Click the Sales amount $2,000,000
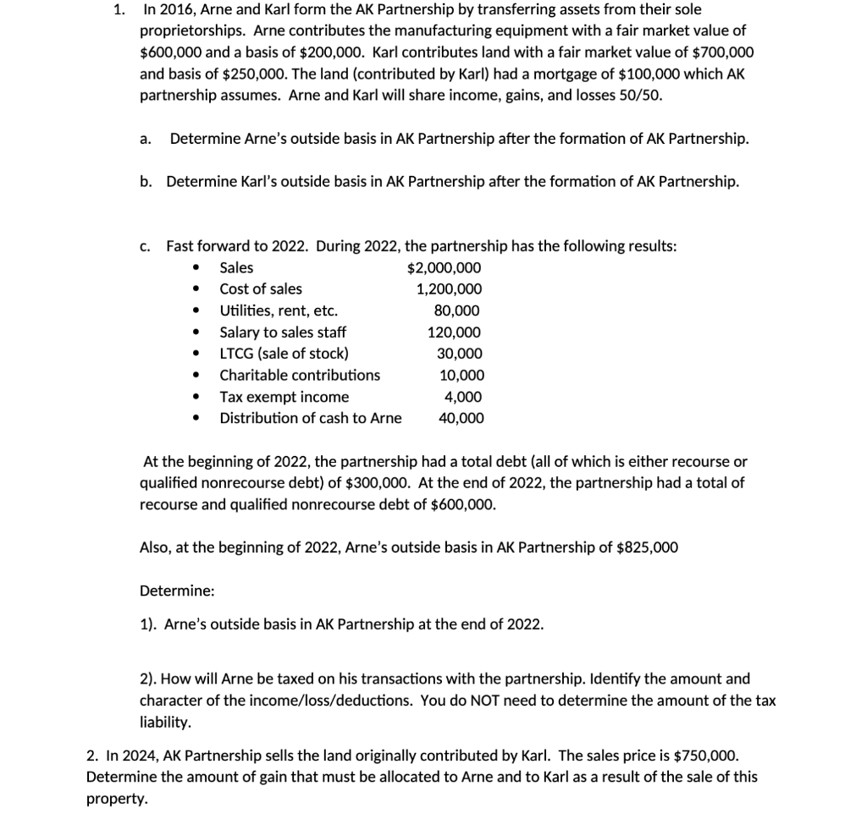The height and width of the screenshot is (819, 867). click(445, 267)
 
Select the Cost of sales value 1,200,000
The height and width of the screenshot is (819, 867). click(449, 289)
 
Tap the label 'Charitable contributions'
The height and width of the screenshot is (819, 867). click(300, 375)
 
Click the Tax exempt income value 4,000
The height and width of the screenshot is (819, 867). click(463, 397)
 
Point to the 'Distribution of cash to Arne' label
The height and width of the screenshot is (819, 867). click(311, 418)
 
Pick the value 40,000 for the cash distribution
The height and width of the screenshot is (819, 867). click(461, 418)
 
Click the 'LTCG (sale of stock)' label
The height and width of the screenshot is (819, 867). click(284, 354)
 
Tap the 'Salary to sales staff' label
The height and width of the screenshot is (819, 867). click(283, 333)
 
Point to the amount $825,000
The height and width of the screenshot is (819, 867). click(648, 547)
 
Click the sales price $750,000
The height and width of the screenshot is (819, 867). click(706, 755)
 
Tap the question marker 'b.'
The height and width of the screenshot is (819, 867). click(146, 181)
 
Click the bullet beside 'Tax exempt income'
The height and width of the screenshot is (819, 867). click(196, 397)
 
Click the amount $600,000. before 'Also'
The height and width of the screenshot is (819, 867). click(461, 505)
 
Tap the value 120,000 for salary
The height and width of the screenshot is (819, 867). click(455, 333)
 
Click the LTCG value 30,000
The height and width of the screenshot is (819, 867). click(460, 354)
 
